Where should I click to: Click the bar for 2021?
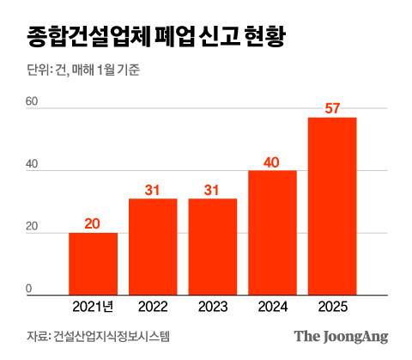[93, 264]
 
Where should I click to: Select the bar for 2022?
[153, 247]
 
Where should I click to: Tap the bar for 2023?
[212, 247]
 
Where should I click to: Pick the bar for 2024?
[272, 233]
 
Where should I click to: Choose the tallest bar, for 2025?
[332, 206]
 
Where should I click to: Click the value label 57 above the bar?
[332, 108]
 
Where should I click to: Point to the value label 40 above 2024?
[272, 162]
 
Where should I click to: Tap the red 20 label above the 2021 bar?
[93, 223]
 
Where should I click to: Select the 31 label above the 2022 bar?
[153, 189]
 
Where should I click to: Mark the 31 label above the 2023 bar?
[212, 189]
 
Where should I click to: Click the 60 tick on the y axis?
[32, 101]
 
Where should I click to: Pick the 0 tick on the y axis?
[28, 289]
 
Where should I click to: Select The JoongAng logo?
[341, 336]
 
